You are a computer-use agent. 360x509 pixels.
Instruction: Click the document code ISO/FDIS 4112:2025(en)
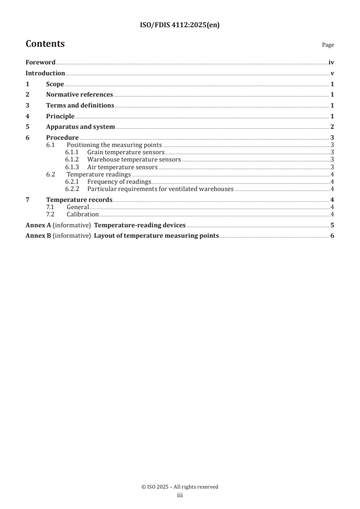(180, 26)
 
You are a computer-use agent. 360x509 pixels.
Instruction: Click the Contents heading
(45, 44)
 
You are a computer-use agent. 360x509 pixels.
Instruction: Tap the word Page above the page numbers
(328, 45)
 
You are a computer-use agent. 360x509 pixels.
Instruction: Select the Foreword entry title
(40, 63)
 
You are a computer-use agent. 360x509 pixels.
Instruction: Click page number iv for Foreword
(331, 63)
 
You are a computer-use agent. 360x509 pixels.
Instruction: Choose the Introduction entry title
(45, 73)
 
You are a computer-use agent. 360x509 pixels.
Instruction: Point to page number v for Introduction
(332, 73)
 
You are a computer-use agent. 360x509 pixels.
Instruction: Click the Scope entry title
(55, 84)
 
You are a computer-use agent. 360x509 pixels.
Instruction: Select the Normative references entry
(79, 95)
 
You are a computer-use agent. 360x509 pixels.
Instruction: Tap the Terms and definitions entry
(80, 106)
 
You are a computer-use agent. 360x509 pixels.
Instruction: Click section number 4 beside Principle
(28, 116)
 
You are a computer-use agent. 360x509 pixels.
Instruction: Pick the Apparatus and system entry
(80, 127)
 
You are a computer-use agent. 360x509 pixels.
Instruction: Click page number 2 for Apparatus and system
(332, 127)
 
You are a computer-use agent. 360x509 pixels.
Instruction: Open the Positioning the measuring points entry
(114, 145)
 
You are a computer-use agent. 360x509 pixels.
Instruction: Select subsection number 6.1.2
(72, 160)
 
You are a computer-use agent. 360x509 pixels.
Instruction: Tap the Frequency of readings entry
(119, 181)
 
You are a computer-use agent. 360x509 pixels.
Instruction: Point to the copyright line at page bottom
(180, 487)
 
